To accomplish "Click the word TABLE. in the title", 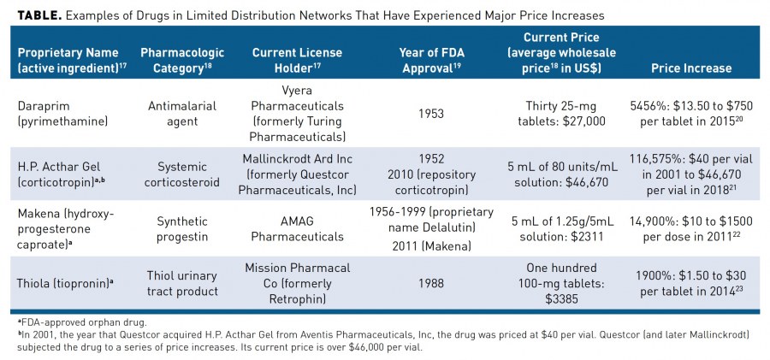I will coord(32,15).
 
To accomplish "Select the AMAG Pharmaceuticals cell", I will coord(297,227).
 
